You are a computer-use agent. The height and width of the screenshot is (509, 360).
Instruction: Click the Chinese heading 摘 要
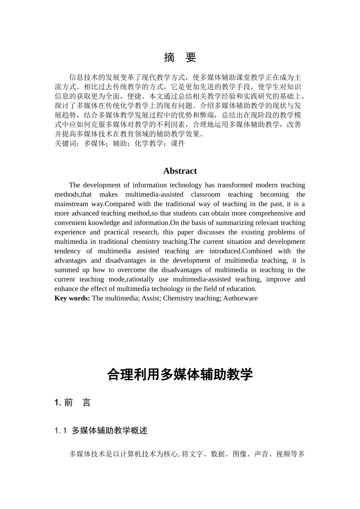tap(180, 58)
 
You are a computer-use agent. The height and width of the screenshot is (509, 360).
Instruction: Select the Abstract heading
tap(180, 171)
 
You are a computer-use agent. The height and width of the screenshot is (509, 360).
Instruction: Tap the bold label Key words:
tap(72, 298)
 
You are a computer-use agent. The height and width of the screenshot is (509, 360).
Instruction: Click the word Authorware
tap(240, 298)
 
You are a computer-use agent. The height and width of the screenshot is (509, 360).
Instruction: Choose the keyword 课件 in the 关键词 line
tap(178, 143)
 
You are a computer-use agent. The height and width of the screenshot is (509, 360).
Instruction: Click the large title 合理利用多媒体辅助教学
tap(180, 375)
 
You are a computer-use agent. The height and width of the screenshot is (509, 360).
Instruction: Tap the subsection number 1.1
tap(61, 431)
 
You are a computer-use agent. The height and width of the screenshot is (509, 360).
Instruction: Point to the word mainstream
tap(71, 204)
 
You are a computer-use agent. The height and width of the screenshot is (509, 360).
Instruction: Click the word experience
tap(70, 232)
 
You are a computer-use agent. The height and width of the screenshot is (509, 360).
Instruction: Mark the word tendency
tap(67, 251)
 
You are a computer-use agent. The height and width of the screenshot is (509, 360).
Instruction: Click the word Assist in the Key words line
tap(152, 298)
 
